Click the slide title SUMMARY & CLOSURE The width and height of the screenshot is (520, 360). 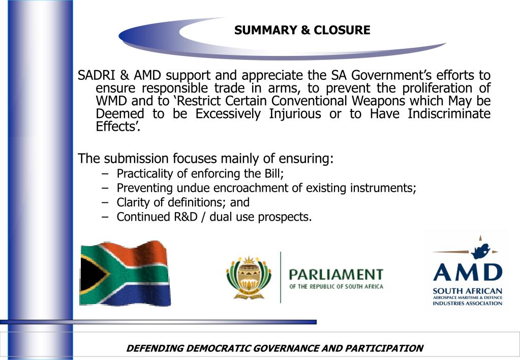pos(302,31)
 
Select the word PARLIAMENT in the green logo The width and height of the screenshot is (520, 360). pos(336,275)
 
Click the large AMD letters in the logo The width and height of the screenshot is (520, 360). pos(467,272)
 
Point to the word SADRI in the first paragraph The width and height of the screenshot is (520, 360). pos(97,76)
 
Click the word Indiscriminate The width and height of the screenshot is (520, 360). pos(449,114)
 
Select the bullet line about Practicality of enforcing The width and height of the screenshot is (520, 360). pos(200,174)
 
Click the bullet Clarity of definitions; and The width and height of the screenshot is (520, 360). pos(183,202)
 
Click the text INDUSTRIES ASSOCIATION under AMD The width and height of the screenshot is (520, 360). pos(467,303)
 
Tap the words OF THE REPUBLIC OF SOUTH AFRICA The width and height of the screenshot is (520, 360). pos(336,286)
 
